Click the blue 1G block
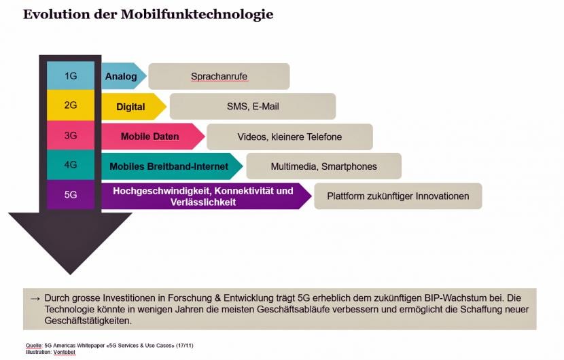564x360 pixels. point(71,75)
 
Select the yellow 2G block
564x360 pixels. point(71,105)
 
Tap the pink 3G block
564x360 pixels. point(71,135)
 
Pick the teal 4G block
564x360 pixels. point(71,164)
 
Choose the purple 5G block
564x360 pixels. point(71,194)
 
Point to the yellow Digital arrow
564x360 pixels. point(134,107)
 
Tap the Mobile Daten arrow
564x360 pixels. point(153,137)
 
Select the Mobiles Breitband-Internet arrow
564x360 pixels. point(172,166)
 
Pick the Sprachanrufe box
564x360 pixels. point(219,76)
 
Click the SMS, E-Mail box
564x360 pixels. point(253,107)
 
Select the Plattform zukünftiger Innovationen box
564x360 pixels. point(398,196)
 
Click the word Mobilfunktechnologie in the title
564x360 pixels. point(197,14)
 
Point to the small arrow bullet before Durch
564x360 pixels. point(35,298)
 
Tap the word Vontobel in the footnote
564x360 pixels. point(65,352)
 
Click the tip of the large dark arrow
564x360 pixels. point(71,275)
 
